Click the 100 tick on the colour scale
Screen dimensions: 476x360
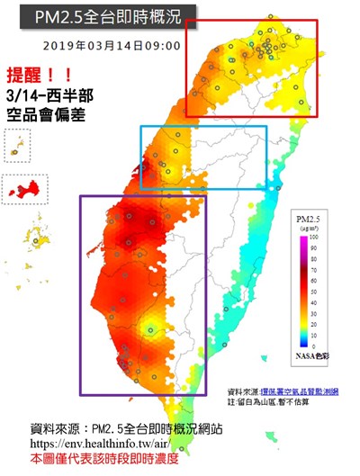(x=314, y=236)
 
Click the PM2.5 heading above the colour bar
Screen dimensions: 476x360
(x=307, y=219)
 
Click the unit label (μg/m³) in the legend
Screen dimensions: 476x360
(x=307, y=228)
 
